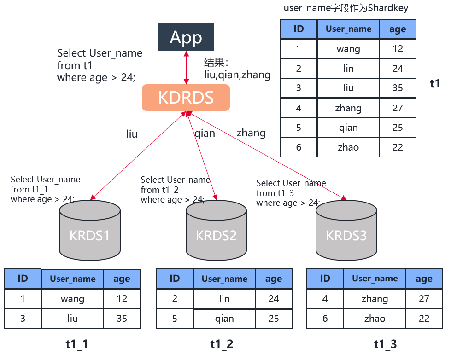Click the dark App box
point(186,37)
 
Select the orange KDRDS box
point(186,98)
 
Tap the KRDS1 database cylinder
point(90,230)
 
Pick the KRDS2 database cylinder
point(216,230)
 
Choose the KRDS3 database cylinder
point(346,230)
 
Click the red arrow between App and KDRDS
point(186,68)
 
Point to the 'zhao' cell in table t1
point(348,147)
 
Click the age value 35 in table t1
point(398,87)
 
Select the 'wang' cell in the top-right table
point(348,49)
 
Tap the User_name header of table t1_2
point(224,279)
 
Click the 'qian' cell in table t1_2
point(224,319)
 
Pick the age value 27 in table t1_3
point(424,299)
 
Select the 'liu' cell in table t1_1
point(73,319)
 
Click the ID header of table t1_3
point(325,279)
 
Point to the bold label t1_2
point(222,344)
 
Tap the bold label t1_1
point(76,344)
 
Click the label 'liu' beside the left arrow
point(132,134)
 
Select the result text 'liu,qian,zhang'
point(237,75)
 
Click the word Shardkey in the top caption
point(388,7)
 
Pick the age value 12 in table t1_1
point(122,299)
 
